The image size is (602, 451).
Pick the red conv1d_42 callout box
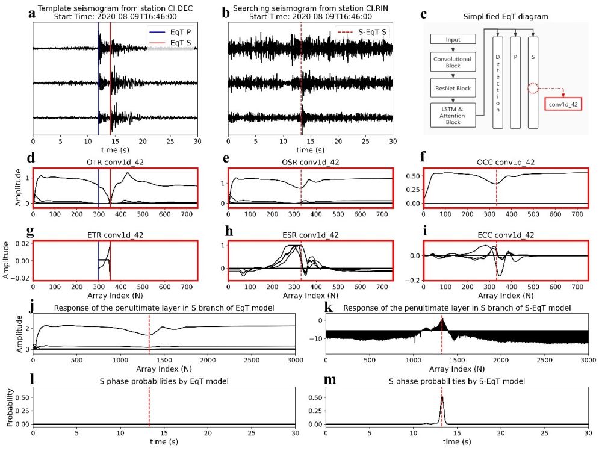pyautogui.click(x=563, y=104)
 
